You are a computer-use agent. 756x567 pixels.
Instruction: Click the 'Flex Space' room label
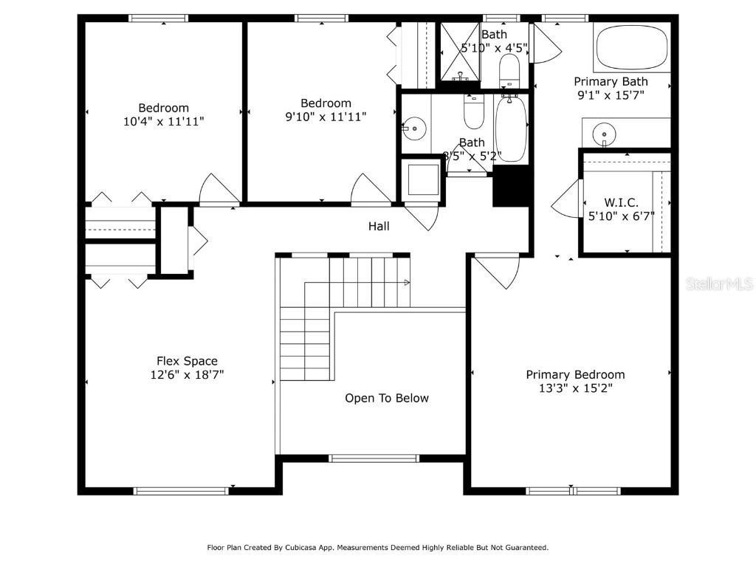187,361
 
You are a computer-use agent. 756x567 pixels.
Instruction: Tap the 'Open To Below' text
387,398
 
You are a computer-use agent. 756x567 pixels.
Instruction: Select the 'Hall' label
379,227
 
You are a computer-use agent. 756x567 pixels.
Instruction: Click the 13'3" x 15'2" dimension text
575,388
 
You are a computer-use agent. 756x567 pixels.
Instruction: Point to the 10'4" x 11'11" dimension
164,121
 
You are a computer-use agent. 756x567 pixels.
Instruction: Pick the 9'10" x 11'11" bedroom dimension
326,117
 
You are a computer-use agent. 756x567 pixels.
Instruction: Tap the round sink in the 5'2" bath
416,128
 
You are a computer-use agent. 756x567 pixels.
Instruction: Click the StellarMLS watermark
719,283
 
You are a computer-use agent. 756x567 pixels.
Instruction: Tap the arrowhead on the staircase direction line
407,283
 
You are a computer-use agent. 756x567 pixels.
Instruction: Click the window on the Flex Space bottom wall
181,490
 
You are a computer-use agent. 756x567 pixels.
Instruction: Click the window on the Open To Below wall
374,458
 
